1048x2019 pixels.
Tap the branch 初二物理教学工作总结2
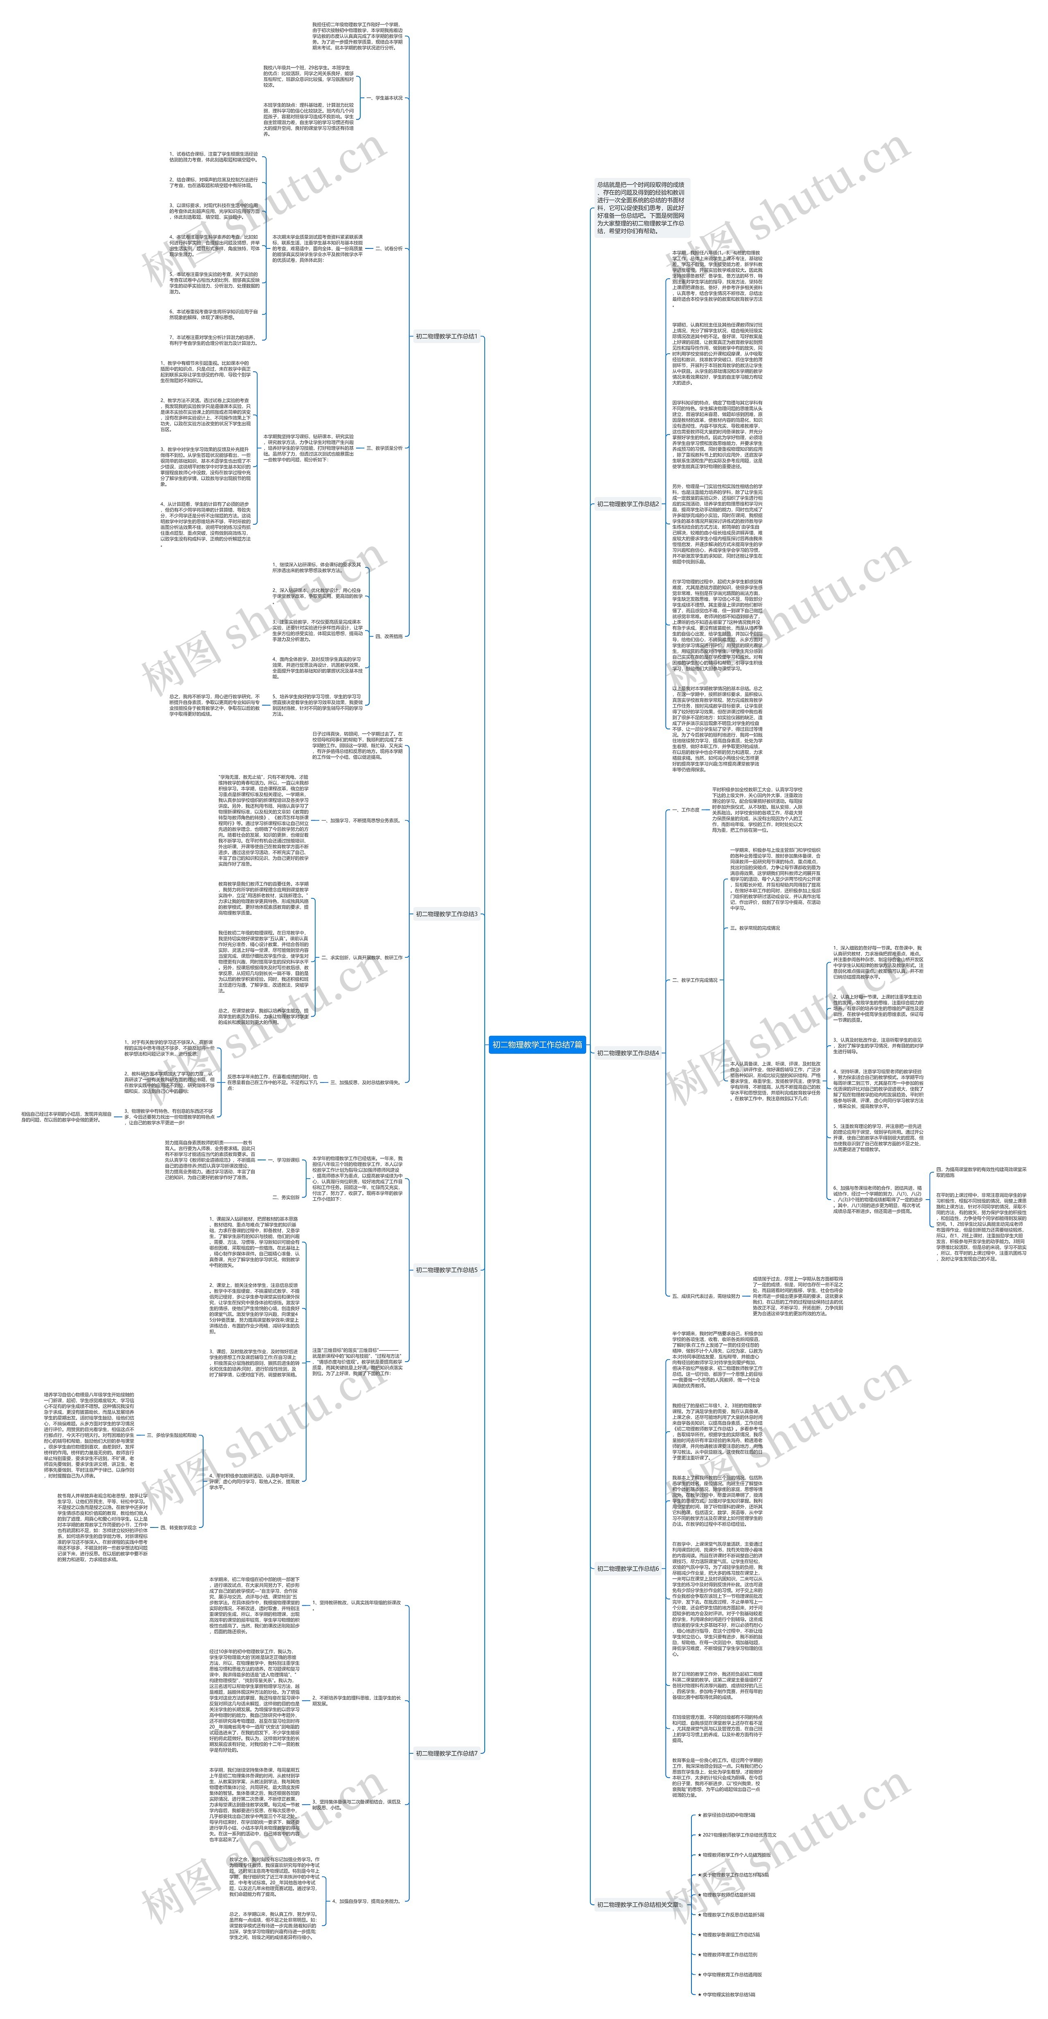(x=628, y=504)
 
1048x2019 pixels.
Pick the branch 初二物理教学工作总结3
(x=446, y=914)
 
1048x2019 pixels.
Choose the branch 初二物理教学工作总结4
(x=628, y=1053)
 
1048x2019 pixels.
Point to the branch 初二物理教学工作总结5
(x=446, y=1270)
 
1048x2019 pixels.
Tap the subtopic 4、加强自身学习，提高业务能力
(x=366, y=1901)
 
